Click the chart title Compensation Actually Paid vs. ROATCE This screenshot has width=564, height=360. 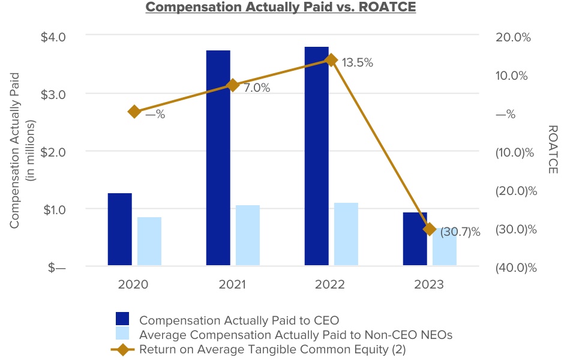(x=281, y=8)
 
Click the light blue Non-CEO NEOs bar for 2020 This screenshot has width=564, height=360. (x=149, y=241)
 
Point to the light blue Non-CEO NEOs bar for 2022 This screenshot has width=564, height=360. (x=346, y=233)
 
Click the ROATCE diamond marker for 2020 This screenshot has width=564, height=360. (x=134, y=112)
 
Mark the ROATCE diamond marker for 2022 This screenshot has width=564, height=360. (x=331, y=59)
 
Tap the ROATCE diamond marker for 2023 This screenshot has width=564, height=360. (x=429, y=229)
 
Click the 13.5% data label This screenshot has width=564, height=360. (x=358, y=62)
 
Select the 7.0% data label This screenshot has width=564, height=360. (x=256, y=88)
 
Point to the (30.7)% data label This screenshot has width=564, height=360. (x=461, y=232)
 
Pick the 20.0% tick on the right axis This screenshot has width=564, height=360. (x=514, y=37)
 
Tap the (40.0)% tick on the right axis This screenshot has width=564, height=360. (x=515, y=268)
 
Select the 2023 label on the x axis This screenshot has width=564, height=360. (x=428, y=284)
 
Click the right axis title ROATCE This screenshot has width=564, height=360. (x=553, y=150)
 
